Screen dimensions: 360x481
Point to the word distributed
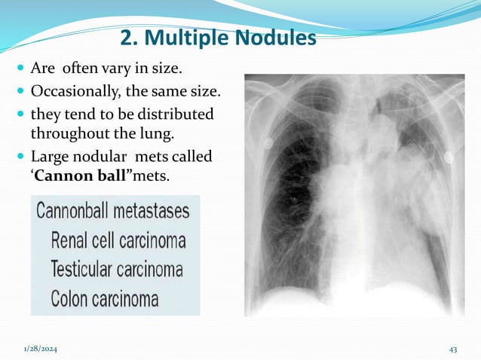[x=173, y=115]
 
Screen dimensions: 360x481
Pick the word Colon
[x=70, y=297]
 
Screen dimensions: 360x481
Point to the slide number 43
[x=453, y=348]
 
